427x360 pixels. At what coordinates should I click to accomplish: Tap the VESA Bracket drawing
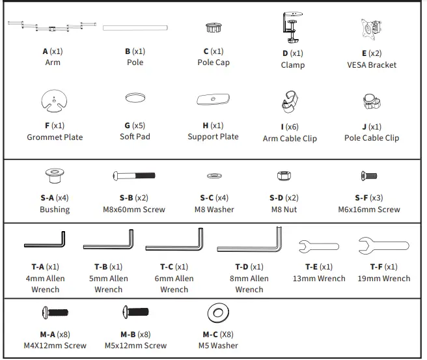pyautogui.click(x=372, y=29)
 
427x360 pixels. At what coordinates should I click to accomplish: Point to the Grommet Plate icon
pyautogui.click(x=55, y=102)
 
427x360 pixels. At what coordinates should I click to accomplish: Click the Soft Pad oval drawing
pyautogui.click(x=135, y=98)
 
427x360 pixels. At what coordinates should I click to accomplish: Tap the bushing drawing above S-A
pyautogui.click(x=54, y=177)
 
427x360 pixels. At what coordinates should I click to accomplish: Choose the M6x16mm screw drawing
pyautogui.click(x=368, y=176)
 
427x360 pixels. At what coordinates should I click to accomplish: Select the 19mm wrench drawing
pyautogui.click(x=383, y=245)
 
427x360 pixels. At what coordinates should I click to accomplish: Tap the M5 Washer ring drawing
pyautogui.click(x=217, y=313)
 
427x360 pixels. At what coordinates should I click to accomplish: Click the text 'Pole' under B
pyautogui.click(x=135, y=62)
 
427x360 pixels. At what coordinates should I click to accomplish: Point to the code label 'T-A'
pyautogui.click(x=38, y=267)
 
